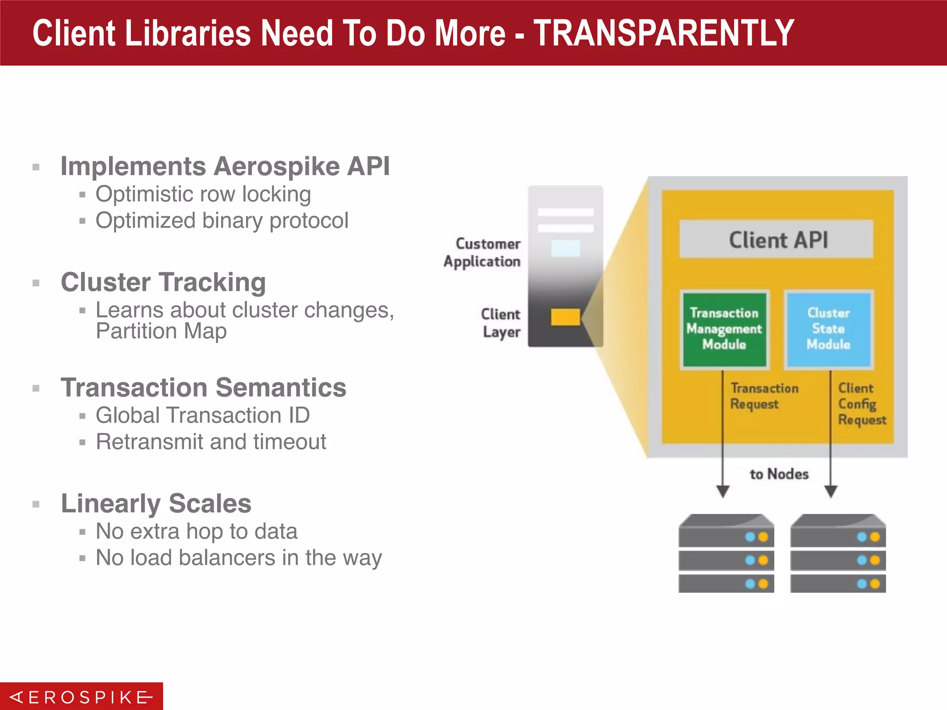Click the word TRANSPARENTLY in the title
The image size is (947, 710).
coord(664,33)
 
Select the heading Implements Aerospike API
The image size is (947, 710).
coord(225,166)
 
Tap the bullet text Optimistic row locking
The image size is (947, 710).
coord(203,194)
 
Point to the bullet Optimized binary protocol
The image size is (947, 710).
coord(222,220)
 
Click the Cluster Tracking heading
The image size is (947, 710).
coord(163,282)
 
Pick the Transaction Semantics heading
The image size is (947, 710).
coord(203,387)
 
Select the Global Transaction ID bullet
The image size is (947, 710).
coord(203,415)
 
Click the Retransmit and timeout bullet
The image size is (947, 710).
coord(211,441)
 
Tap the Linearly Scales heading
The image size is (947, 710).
coord(156,503)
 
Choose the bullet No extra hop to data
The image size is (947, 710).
coord(197,531)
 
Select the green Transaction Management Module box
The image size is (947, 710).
coord(724,329)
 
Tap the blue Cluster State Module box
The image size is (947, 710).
coord(828,329)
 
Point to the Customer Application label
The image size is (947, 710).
coord(482,252)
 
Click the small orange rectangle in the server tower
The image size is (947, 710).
coord(565,317)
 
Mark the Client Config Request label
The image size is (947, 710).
coord(861,404)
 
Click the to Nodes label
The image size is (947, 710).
coord(779,474)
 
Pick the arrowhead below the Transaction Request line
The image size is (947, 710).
coord(723,491)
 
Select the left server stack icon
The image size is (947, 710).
coord(726,553)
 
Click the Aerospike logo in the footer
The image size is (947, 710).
coord(81,697)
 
